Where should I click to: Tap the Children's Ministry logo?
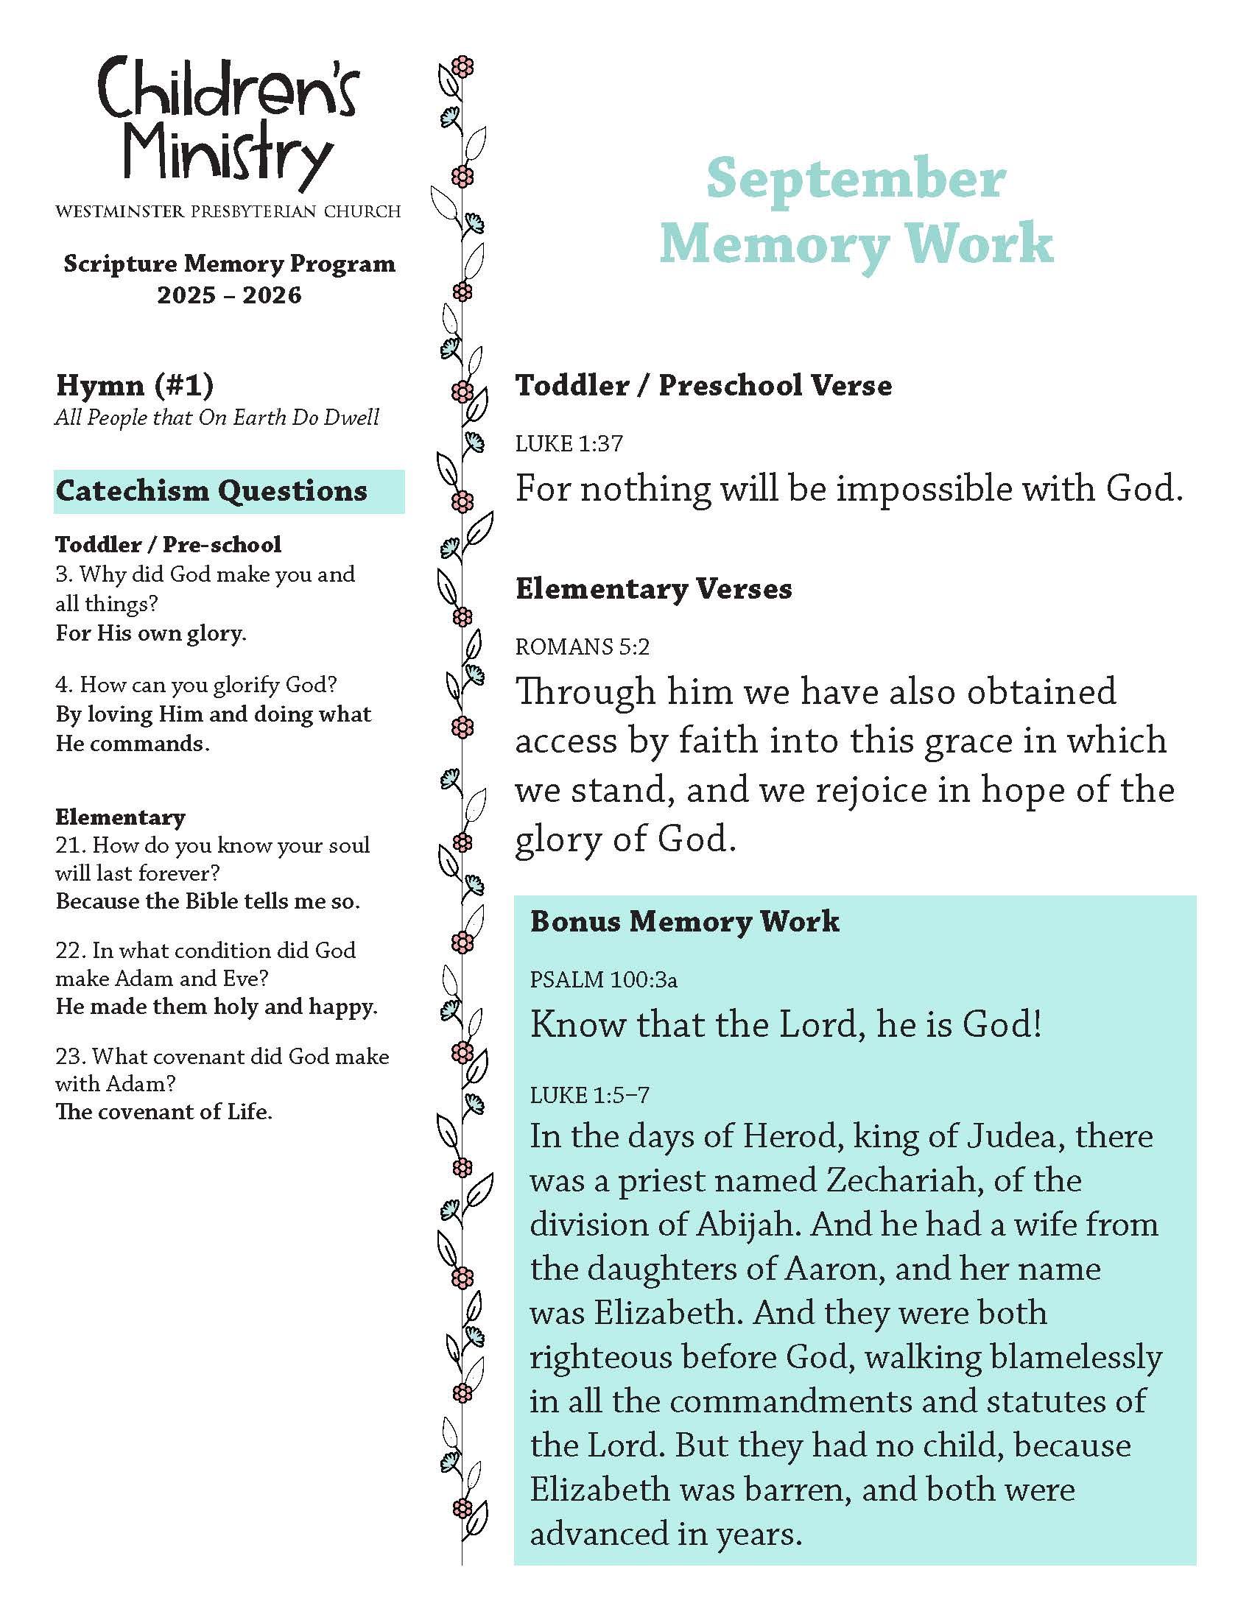point(228,122)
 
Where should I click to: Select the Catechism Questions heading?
point(212,491)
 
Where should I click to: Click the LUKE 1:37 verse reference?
point(569,443)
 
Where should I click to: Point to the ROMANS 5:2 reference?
point(583,647)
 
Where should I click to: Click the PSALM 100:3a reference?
point(603,980)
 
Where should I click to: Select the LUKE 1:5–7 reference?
point(590,1095)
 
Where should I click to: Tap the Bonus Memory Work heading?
point(685,921)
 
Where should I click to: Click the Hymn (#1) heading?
point(135,385)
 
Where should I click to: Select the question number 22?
point(71,951)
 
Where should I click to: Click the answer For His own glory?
point(151,633)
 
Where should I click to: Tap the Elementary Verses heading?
point(653,589)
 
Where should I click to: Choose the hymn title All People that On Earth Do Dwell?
point(217,418)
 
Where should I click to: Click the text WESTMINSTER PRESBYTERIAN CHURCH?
point(228,212)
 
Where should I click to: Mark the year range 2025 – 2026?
point(229,295)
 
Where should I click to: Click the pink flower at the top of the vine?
point(463,67)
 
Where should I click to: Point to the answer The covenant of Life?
point(164,1112)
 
